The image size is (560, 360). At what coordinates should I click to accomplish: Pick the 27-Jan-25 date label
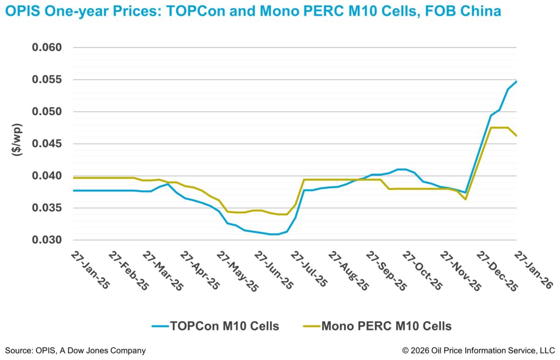coord(90,270)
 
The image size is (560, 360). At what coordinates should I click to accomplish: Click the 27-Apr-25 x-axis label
coord(200,270)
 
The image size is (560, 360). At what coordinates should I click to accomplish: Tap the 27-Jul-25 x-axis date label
coord(310,270)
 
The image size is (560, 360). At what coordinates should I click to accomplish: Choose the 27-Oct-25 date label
coord(421,270)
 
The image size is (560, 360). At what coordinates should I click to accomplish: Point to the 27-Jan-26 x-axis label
coord(532,270)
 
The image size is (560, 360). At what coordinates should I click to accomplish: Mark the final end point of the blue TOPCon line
coord(517,81)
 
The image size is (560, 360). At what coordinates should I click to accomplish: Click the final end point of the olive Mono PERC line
coord(517,136)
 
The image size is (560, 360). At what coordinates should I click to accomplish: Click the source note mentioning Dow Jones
coord(76,350)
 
